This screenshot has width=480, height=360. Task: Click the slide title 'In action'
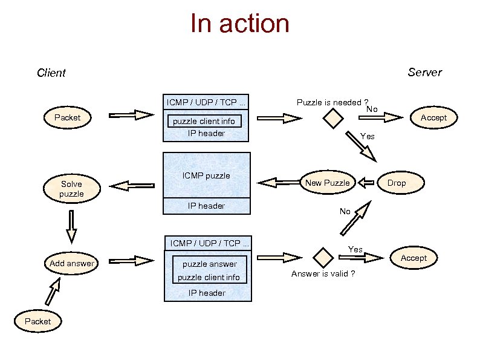click(239, 24)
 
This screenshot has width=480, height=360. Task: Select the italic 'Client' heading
click(51, 73)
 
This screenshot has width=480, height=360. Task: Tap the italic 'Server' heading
click(424, 73)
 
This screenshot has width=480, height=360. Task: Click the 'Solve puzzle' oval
click(71, 189)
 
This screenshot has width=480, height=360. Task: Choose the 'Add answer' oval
click(72, 263)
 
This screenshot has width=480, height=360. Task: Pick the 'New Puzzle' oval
click(327, 183)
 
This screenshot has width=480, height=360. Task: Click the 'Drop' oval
click(397, 183)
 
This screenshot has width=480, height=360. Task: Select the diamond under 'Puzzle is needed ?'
click(332, 120)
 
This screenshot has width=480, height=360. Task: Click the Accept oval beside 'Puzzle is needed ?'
click(433, 117)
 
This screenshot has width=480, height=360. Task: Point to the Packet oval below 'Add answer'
click(37, 321)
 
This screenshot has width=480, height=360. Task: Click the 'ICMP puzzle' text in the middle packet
click(206, 176)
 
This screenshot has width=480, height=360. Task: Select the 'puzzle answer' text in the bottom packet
click(210, 264)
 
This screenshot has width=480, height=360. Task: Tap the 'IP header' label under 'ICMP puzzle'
click(206, 206)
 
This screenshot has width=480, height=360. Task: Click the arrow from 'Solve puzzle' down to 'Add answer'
click(71, 226)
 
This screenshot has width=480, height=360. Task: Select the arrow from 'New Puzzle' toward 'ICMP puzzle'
click(279, 182)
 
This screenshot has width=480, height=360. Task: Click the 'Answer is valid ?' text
click(323, 274)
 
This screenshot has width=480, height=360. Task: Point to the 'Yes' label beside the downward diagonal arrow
click(367, 136)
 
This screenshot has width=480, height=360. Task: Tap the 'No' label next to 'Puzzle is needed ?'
click(372, 109)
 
